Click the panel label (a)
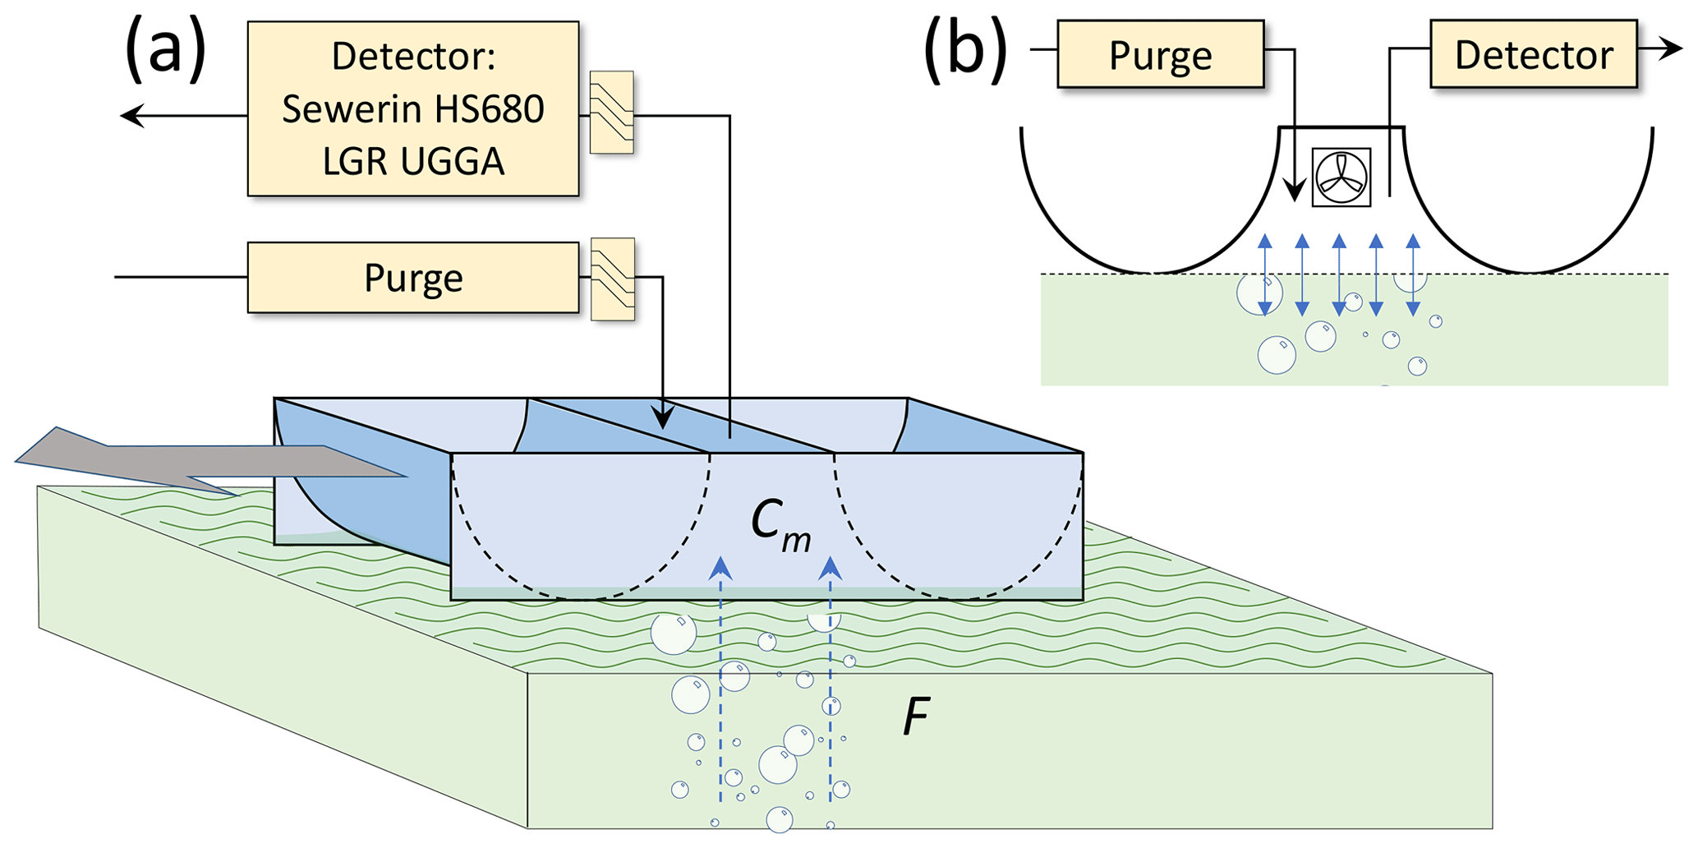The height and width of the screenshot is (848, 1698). [x=164, y=51]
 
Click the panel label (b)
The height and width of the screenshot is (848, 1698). [x=965, y=51]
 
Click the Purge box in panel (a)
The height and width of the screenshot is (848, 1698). [x=413, y=278]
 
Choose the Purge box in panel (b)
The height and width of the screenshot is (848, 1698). [x=1160, y=55]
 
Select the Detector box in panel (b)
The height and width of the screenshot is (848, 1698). [x=1533, y=55]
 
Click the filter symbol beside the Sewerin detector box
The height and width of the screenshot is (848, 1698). [x=612, y=113]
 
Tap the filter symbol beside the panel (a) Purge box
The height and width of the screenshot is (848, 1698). [x=613, y=279]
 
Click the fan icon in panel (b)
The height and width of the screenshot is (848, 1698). [x=1341, y=177]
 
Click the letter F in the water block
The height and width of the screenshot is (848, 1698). [x=916, y=716]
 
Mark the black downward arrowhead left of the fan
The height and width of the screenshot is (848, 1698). [x=1295, y=191]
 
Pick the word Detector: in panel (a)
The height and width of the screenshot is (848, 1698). [x=413, y=56]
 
